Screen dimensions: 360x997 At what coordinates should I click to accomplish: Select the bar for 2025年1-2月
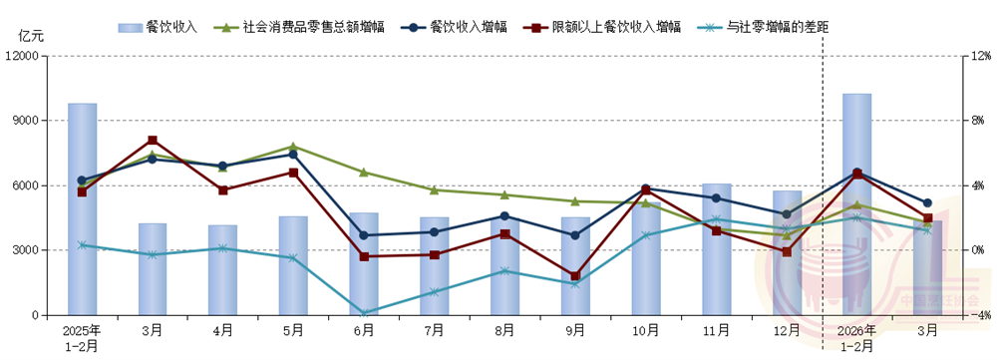(x=82, y=209)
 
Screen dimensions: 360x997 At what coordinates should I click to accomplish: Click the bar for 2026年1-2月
(x=856, y=204)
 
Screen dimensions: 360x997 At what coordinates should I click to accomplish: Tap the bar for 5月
(x=293, y=265)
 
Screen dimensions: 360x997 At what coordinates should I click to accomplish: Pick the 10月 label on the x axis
(x=645, y=328)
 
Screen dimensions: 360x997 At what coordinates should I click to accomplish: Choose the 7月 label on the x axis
(x=434, y=328)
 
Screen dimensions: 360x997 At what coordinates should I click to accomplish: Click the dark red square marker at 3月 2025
(x=153, y=141)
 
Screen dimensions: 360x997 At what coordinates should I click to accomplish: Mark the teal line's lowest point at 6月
(x=364, y=313)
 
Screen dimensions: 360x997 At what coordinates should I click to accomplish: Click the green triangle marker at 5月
(x=293, y=147)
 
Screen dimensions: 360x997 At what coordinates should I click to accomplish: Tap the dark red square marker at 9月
(x=575, y=275)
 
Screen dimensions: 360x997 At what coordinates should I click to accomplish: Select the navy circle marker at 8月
(x=504, y=216)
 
